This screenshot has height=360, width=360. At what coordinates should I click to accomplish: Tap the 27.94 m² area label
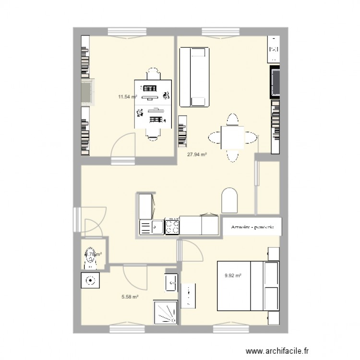pyautogui.click(x=197, y=155)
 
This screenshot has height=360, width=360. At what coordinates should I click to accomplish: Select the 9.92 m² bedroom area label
pyautogui.click(x=233, y=276)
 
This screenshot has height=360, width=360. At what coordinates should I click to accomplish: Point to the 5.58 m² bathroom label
pyautogui.click(x=130, y=297)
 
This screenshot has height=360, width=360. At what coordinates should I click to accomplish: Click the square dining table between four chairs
pyautogui.click(x=232, y=138)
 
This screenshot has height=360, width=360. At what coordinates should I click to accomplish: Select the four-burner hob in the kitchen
pyautogui.click(x=172, y=226)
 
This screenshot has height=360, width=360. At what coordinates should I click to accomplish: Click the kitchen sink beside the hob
pyautogui.click(x=152, y=227)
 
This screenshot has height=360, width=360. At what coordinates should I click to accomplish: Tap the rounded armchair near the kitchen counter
pyautogui.click(x=229, y=200)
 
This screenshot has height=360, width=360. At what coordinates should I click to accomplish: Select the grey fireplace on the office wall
pyautogui.click(x=87, y=93)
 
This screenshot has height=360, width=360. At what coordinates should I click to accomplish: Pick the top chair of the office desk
pyautogui.click(x=153, y=74)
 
